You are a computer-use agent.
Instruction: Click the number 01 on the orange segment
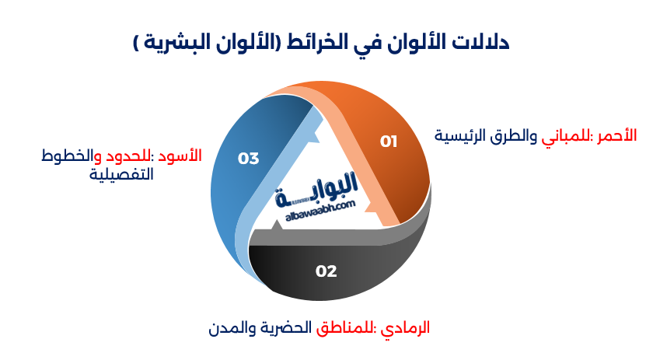pyautogui.click(x=389, y=141)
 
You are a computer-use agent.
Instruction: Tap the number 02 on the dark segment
pyautogui.click(x=326, y=271)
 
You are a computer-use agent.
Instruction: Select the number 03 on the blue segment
pyautogui.click(x=248, y=159)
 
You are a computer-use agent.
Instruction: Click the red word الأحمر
pyautogui.click(x=616, y=135)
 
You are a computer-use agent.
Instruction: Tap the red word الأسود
pyautogui.click(x=180, y=156)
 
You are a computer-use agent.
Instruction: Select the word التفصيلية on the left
pyautogui.click(x=120, y=174)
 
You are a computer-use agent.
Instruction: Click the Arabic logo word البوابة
pyautogui.click(x=318, y=187)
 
